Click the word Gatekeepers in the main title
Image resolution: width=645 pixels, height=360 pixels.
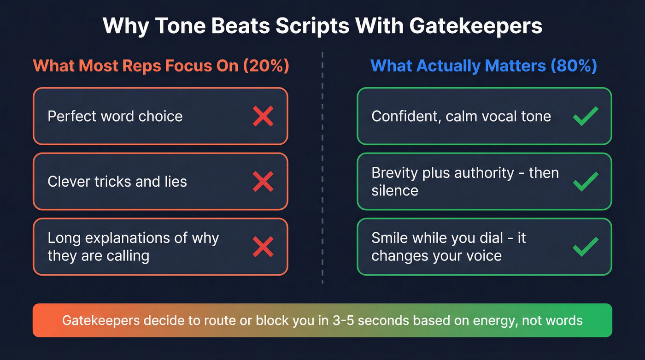[x=475, y=26]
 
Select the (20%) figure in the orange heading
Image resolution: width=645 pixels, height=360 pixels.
[x=264, y=66]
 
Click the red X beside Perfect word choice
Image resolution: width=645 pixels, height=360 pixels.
[x=263, y=116]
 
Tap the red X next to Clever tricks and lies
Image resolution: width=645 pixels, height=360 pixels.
[x=263, y=182]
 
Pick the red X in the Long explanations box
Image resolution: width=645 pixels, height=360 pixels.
[x=263, y=247]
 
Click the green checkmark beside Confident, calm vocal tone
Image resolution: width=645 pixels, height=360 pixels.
[x=586, y=116]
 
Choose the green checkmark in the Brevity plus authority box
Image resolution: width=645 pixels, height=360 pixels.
[x=586, y=182]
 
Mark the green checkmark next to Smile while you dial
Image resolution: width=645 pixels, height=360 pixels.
[x=586, y=247]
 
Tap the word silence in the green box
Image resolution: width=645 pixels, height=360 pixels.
[x=395, y=191]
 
